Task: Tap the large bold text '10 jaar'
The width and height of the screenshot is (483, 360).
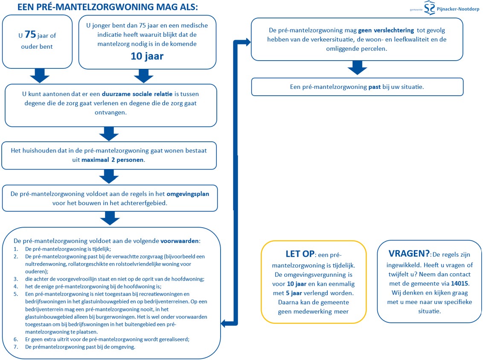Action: click(147, 56)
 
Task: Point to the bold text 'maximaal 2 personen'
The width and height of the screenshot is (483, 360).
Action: click(113, 160)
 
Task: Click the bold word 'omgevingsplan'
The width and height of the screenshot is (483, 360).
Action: click(188, 193)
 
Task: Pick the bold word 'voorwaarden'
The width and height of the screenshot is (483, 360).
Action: click(180, 240)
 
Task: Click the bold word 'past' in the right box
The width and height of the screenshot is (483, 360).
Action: click(374, 86)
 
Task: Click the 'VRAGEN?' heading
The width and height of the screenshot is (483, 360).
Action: click(403, 253)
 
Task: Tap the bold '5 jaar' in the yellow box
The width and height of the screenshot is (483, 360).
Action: click(294, 293)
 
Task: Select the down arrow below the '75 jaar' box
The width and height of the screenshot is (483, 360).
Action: click(40, 76)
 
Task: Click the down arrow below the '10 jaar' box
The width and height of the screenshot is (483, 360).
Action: click(143, 76)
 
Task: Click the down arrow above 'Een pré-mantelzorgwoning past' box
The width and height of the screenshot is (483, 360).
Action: click(357, 67)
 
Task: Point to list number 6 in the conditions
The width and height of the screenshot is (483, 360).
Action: click(16, 339)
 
